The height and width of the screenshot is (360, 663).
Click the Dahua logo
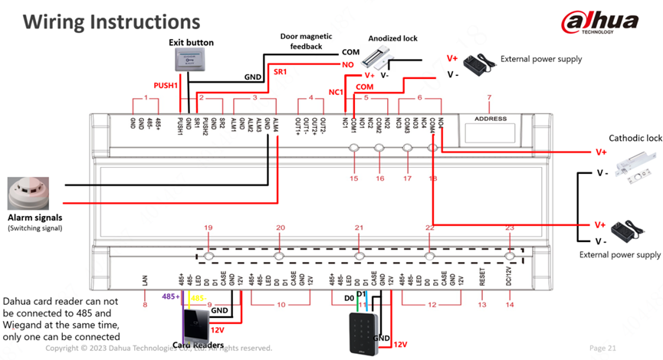(x=599, y=23)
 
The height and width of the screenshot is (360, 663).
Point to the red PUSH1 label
(x=166, y=86)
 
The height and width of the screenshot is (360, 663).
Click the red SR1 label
(x=281, y=72)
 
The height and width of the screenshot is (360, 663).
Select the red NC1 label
(x=336, y=93)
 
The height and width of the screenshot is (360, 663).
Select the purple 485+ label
(x=170, y=296)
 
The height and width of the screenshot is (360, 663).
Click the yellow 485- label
(x=197, y=297)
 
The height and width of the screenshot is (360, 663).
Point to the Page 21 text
(x=602, y=348)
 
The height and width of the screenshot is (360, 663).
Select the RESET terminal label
(x=482, y=279)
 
